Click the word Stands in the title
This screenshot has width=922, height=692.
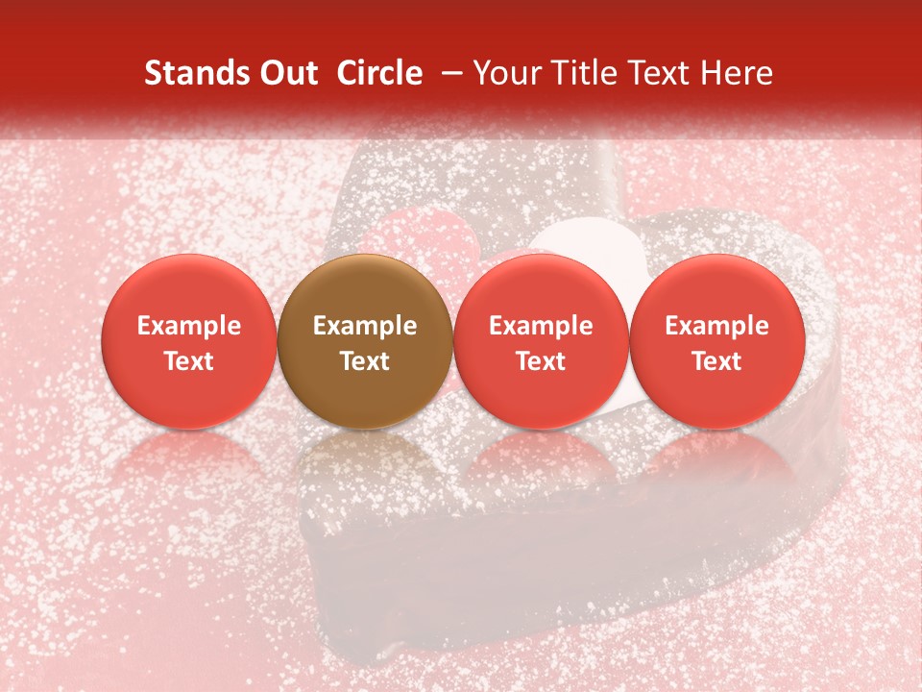point(197,73)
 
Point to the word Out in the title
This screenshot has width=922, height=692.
point(288,73)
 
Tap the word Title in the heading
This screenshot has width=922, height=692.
point(587,73)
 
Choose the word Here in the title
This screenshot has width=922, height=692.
point(737,73)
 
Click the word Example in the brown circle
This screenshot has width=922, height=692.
point(365,326)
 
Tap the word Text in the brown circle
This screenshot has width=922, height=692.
point(365,361)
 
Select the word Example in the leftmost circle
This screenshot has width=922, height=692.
point(189,326)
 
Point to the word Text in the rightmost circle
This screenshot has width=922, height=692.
point(717,361)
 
